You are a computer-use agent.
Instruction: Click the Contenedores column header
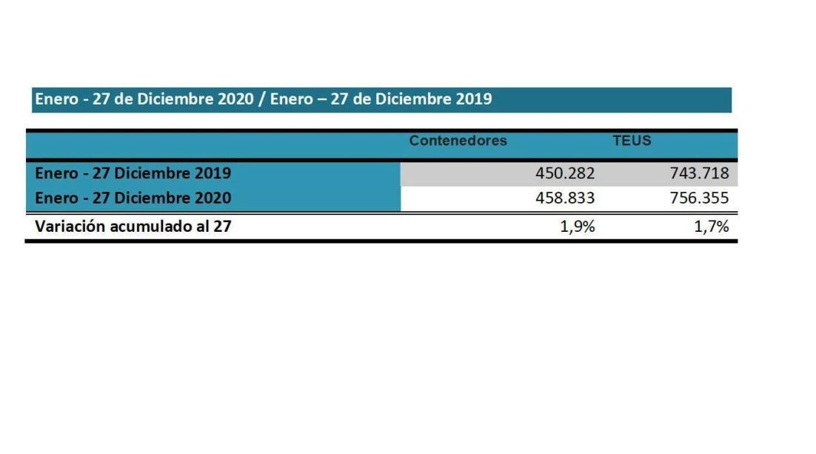coord(458,141)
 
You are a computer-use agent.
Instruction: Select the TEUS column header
coord(632,141)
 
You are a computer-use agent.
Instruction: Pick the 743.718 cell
coord(699,174)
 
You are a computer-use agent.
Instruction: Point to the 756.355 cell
coord(699,198)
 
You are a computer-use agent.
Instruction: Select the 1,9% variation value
coord(578,227)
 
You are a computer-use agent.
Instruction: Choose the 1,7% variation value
coord(712,227)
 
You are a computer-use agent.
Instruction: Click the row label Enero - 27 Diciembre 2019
coord(133,173)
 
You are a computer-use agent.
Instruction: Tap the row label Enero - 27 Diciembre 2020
coord(133,198)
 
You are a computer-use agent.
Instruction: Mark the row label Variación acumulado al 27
coord(133,227)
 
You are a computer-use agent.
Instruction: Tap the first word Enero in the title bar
coord(56,99)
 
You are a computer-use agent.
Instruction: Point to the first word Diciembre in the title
coord(172,99)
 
